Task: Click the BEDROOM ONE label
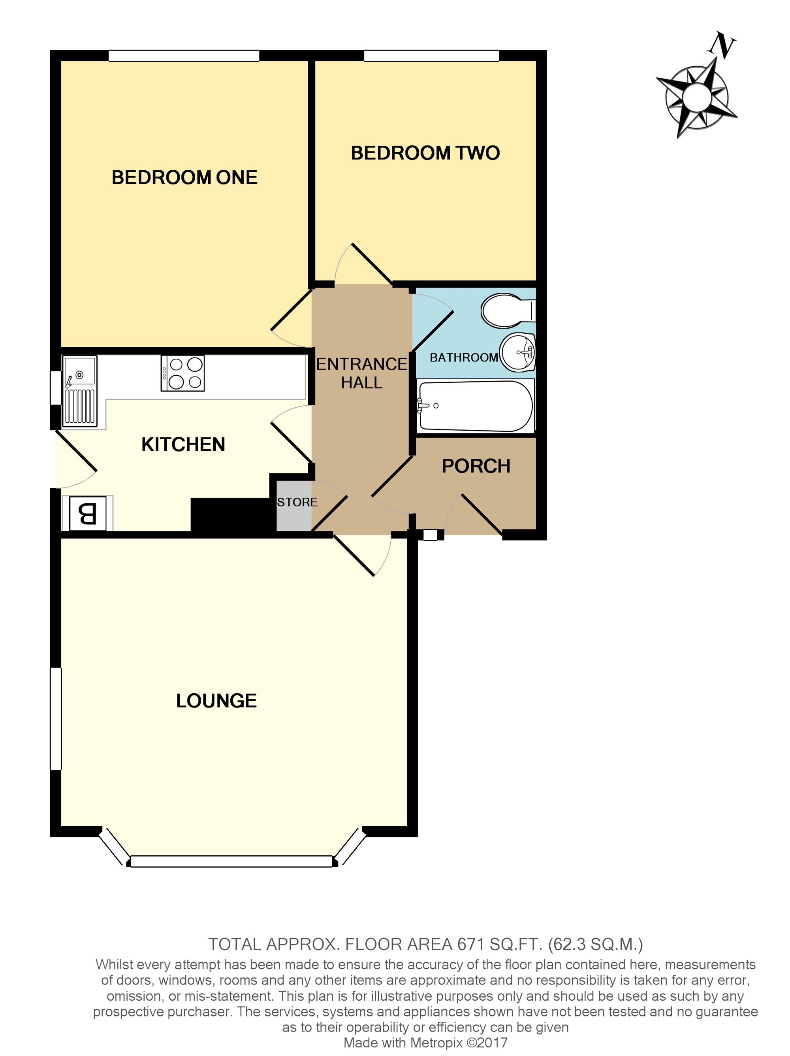184,178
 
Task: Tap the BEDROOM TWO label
425,153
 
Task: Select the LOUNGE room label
216,701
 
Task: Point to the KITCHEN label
183,444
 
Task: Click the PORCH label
476,466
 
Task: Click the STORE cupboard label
297,502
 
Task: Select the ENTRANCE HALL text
362,373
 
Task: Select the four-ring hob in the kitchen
183,373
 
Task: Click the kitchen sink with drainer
80,390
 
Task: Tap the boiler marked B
88,514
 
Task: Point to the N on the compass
722,46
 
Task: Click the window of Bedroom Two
431,56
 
